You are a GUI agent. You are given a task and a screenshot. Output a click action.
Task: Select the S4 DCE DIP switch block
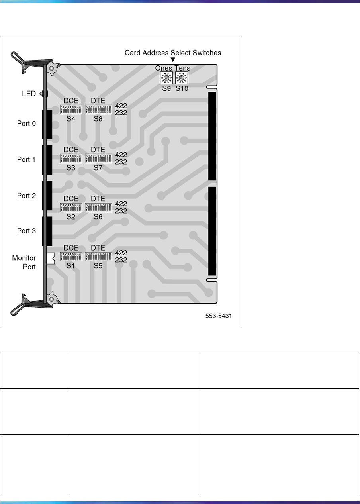pyautogui.click(x=71, y=110)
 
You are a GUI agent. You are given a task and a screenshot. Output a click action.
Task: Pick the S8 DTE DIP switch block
pyautogui.click(x=98, y=110)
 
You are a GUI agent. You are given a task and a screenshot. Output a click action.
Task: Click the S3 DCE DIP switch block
pyautogui.click(x=71, y=158)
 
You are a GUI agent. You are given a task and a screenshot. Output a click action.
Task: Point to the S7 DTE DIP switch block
pyautogui.click(x=98, y=158)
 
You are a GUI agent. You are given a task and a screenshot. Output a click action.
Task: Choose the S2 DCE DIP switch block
pyautogui.click(x=71, y=207)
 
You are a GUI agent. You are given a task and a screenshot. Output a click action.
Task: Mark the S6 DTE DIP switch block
pyautogui.click(x=98, y=207)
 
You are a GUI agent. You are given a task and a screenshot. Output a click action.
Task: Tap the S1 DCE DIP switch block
pyautogui.click(x=71, y=256)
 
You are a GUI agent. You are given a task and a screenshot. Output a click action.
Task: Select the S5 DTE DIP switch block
pyautogui.click(x=98, y=256)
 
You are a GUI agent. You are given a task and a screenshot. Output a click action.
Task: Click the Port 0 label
pyautogui.click(x=26, y=124)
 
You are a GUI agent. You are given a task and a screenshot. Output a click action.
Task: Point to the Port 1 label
pyautogui.click(x=26, y=160)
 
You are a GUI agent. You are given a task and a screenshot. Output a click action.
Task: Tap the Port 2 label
pyautogui.click(x=26, y=196)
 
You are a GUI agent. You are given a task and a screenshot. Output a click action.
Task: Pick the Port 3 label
pyautogui.click(x=26, y=231)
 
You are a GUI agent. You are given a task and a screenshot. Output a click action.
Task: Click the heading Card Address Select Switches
pyautogui.click(x=173, y=53)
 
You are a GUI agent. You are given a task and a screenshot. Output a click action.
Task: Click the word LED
pyautogui.click(x=29, y=94)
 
